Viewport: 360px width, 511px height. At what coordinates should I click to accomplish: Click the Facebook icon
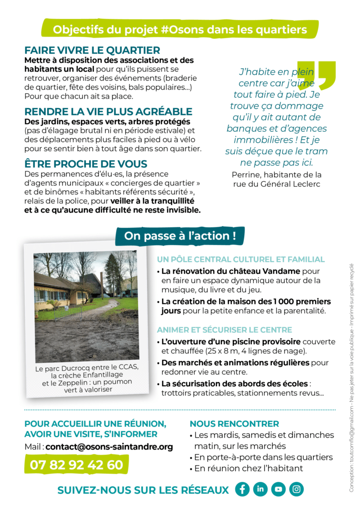click(x=242, y=489)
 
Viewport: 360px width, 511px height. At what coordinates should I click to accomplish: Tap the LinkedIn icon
click(x=260, y=489)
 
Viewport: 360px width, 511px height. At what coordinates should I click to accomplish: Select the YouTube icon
click(x=278, y=489)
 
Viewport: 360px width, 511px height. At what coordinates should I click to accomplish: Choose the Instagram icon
click(x=296, y=489)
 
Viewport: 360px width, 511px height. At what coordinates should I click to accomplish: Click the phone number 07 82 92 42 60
click(x=76, y=465)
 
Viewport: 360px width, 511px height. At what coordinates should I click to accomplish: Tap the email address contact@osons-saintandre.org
click(x=109, y=447)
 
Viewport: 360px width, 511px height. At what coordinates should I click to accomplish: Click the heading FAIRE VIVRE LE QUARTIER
click(x=92, y=50)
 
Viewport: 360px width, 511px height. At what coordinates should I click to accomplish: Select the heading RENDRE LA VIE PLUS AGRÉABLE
click(x=108, y=111)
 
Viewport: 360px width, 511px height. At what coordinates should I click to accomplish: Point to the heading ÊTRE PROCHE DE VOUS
click(x=86, y=164)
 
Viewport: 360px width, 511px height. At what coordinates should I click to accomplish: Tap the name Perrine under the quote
click(x=247, y=175)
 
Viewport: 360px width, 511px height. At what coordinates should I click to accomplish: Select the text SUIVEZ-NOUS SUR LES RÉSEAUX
click(x=143, y=490)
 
